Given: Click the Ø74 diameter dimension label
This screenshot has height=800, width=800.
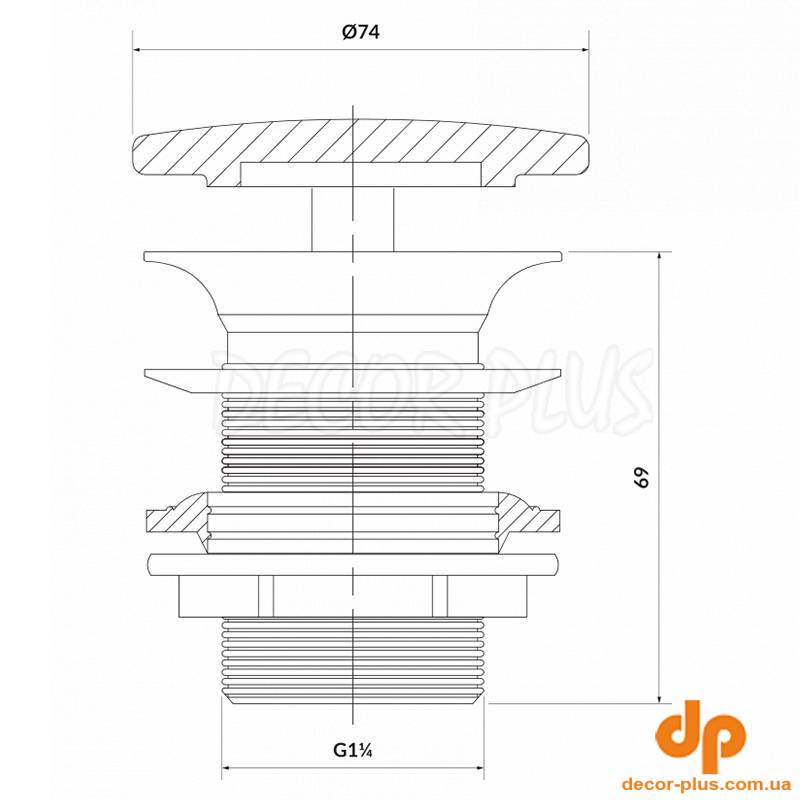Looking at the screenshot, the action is (x=361, y=32).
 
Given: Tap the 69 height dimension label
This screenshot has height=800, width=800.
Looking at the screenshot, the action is (x=641, y=477).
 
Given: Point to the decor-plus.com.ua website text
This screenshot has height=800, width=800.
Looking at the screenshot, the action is (x=707, y=784).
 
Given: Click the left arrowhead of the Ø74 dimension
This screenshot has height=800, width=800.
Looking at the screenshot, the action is (x=137, y=49).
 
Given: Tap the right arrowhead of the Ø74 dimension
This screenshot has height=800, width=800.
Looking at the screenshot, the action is (x=585, y=49).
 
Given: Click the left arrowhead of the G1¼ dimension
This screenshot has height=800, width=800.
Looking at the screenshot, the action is (x=227, y=767).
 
